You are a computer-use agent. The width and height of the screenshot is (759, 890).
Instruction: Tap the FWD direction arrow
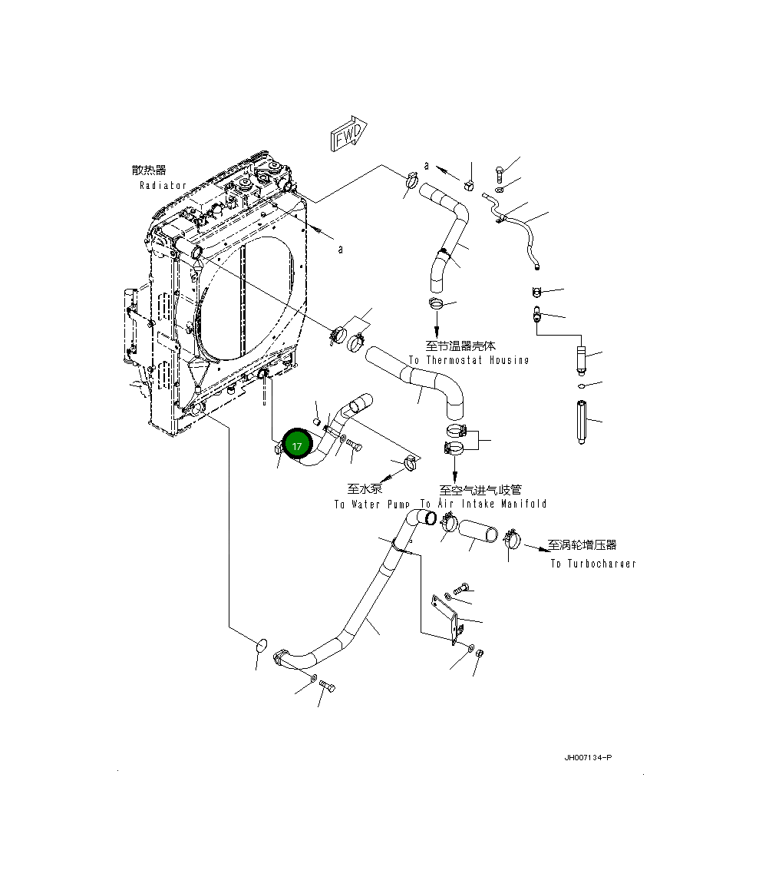(348, 136)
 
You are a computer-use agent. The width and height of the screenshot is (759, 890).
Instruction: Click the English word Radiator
(163, 186)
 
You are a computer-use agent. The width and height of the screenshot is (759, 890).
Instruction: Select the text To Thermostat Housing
(468, 360)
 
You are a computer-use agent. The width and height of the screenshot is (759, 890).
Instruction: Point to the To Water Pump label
(372, 505)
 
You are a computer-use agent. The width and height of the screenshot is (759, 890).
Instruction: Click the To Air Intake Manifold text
(483, 505)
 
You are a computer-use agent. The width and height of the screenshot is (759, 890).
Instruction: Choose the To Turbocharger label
(592, 564)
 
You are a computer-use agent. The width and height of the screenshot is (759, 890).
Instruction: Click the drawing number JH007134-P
(588, 758)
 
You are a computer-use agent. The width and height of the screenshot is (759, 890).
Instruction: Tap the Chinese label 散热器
(149, 170)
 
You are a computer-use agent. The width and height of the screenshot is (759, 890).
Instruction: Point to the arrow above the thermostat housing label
(437, 326)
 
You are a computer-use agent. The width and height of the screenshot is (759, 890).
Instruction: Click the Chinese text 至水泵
(365, 488)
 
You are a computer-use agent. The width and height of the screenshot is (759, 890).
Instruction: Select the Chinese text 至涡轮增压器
(582, 544)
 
